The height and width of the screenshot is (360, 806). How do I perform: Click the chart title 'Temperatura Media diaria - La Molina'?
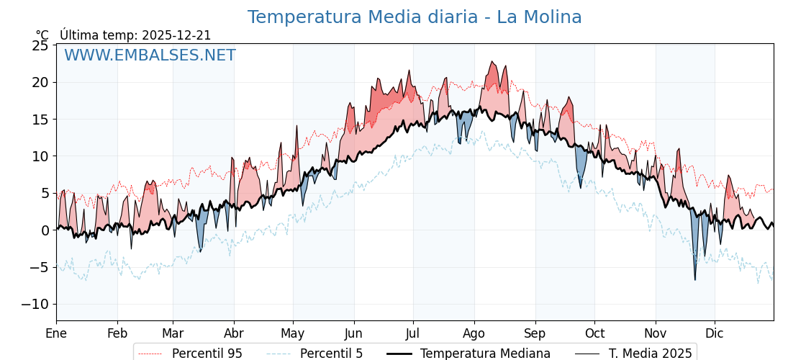[415, 17]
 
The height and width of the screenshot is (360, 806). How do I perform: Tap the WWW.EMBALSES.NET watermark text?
[150, 55]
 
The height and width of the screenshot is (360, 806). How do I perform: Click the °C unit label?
[42, 35]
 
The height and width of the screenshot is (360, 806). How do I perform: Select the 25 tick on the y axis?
[40, 45]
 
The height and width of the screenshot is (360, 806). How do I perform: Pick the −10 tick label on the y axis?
[35, 304]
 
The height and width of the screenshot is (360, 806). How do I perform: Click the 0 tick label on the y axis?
[45, 230]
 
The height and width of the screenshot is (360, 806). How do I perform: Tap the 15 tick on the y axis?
[40, 120]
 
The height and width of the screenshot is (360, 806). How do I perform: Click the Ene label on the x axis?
[56, 333]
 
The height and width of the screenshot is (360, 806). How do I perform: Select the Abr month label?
[234, 333]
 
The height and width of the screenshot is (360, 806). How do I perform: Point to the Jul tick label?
[413, 333]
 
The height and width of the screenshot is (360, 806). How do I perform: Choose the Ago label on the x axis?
[474, 333]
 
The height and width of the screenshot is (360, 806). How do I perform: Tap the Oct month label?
[594, 333]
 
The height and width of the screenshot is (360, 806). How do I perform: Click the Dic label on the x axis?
[715, 333]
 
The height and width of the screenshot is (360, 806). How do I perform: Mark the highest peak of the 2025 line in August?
[492, 61]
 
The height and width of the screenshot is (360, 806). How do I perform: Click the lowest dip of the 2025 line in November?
[695, 280]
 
